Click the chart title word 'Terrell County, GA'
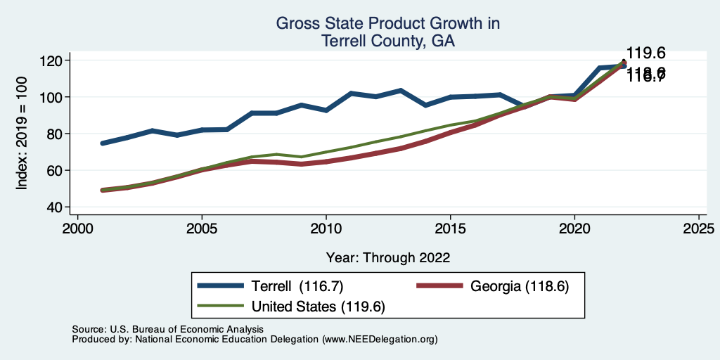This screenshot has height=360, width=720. [x=387, y=41]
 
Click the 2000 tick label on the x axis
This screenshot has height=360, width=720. [x=77, y=229]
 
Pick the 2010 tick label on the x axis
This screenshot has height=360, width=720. [x=326, y=229]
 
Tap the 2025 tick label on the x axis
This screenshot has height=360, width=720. [x=699, y=229]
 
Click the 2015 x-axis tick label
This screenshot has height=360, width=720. [x=450, y=229]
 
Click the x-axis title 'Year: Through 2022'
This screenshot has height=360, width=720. [x=388, y=257]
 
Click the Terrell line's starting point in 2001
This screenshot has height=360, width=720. [x=103, y=143]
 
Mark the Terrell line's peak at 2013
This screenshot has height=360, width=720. [x=401, y=91]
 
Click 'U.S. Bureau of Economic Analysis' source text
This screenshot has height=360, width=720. [x=185, y=329]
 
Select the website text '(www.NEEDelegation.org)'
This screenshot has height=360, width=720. [x=380, y=339]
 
